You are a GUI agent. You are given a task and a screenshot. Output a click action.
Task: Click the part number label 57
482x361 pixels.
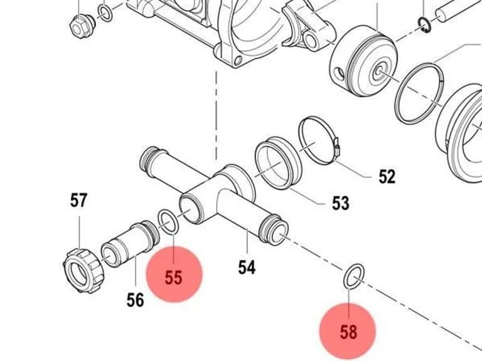pyautogui.click(x=78, y=200)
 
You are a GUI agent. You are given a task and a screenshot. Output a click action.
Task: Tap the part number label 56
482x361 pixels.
pyautogui.click(x=136, y=300)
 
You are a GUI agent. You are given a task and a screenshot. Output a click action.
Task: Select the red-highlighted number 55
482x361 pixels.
pyautogui.click(x=174, y=278)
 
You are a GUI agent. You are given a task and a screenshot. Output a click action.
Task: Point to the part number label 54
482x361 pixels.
pyautogui.click(x=247, y=267)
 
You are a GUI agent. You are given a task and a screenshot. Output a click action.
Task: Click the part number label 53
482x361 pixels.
pyautogui.click(x=341, y=203)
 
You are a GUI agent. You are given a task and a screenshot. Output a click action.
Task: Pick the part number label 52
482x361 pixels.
pyautogui.click(x=387, y=177)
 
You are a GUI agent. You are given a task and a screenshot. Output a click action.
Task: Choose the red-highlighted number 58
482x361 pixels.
pyautogui.click(x=348, y=332)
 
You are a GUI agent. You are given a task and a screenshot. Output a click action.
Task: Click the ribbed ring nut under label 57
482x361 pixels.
pyautogui.click(x=83, y=271)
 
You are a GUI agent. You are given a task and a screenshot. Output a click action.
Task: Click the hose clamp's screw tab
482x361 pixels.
pyautogui.click(x=336, y=147)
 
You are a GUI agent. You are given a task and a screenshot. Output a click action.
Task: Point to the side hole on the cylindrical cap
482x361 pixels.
pyautogui.click(x=338, y=74)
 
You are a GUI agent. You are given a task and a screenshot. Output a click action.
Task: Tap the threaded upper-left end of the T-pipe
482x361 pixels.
pyautogui.click(x=149, y=160)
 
